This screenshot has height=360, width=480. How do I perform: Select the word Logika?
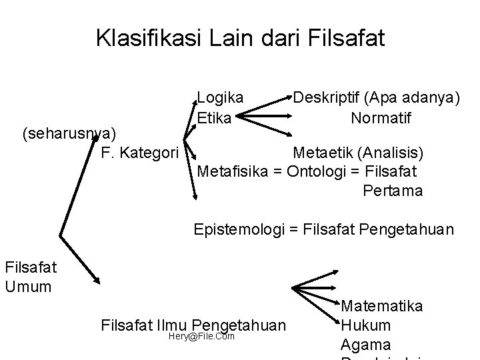220,97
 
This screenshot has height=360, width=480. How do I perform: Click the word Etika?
214,118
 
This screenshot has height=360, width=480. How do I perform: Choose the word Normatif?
381,118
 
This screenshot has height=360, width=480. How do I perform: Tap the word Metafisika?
232,171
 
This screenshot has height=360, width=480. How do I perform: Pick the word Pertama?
393,191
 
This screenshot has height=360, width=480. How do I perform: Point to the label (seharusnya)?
69,134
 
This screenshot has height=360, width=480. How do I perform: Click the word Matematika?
381,306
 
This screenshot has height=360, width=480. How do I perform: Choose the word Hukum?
365,326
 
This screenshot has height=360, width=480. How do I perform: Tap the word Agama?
366,345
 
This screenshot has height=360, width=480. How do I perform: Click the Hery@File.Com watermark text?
202,336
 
